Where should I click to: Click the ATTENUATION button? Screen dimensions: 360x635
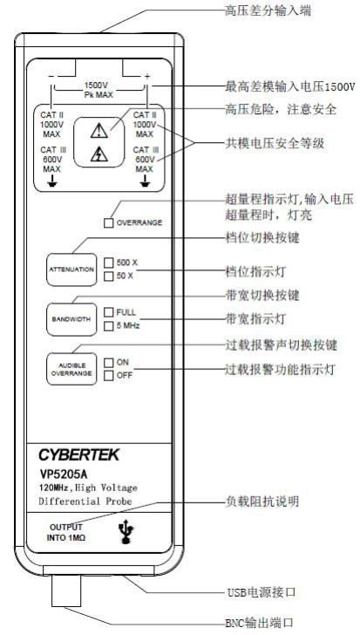[71, 270]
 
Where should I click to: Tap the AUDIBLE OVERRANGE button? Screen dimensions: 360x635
[71, 369]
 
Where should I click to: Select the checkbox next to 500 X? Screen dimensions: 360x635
[108, 263]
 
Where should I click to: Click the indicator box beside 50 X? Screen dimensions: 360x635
[108, 277]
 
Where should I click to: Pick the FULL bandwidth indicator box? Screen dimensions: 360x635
[108, 312]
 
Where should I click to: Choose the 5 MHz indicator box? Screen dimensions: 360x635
[108, 326]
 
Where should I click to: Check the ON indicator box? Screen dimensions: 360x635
[108, 363]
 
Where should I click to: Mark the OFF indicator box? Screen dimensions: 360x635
[108, 376]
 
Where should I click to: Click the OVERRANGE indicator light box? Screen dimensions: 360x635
[108, 223]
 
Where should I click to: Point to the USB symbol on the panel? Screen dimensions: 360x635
[127, 532]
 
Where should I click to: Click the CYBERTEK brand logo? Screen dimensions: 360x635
[79, 454]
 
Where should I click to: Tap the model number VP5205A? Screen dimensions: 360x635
[64, 474]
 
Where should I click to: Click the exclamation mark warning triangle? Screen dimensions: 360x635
[99, 131]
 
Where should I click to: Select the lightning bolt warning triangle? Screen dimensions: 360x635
[99, 154]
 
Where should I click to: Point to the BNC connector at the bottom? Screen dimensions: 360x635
[66, 591]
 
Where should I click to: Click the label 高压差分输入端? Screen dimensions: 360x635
[268, 10]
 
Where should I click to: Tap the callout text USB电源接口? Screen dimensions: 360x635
[261, 592]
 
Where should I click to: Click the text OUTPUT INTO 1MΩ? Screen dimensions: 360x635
[66, 533]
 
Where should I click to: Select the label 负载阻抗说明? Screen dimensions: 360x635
[262, 502]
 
